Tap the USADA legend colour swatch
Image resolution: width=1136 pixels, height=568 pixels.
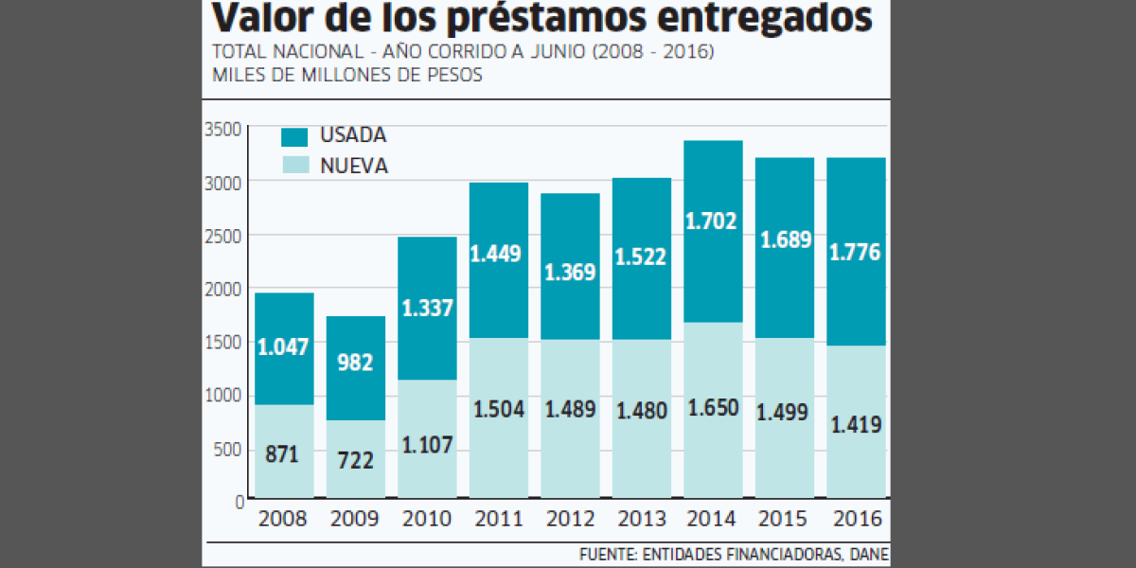[x=295, y=135]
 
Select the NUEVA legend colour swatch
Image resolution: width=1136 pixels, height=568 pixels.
[x=295, y=166]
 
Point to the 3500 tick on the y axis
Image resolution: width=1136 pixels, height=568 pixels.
[x=225, y=129]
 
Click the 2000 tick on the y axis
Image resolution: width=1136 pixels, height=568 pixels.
[x=225, y=289]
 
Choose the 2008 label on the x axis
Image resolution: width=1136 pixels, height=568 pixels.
[x=284, y=520]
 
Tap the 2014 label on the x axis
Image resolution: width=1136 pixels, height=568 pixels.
[x=713, y=520]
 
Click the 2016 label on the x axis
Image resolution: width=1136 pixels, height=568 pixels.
[x=856, y=520]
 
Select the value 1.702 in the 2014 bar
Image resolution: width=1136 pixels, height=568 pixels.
[x=713, y=222]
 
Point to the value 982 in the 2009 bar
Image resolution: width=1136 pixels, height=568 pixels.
[x=356, y=362]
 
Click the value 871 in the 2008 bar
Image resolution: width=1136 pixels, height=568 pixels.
[x=284, y=454]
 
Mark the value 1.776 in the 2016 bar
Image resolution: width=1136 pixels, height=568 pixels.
[x=856, y=253]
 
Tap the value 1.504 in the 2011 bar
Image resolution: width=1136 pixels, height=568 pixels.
[x=499, y=409]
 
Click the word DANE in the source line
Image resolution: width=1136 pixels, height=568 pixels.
[x=871, y=555]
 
